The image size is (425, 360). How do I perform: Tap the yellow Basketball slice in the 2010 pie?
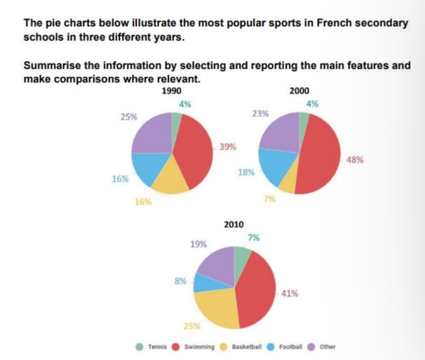(x=220, y=306)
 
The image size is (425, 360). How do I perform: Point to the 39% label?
(x=227, y=147)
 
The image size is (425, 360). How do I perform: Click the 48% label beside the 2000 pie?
(x=354, y=160)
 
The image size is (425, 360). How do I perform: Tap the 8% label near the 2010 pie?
(x=179, y=281)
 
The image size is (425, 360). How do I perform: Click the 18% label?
(x=245, y=172)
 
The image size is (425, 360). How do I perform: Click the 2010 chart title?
(x=234, y=225)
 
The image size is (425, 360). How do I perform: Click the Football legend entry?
(x=291, y=347)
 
